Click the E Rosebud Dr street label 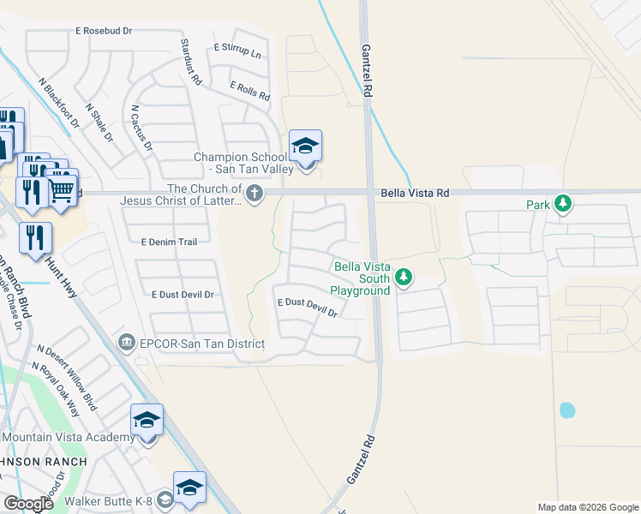coord(104,30)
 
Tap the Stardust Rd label coord(190,61)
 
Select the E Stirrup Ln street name coord(237,51)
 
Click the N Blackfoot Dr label coord(58,104)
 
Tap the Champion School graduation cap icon coord(305,146)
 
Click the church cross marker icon coord(254,195)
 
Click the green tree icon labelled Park coord(562,204)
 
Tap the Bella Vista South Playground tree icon coord(405,278)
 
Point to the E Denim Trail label coord(169,242)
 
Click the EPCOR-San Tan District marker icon coord(127,343)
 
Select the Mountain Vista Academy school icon coord(147,421)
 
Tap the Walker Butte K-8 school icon coord(189,488)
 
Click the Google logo coord(29,504)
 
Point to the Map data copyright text coord(587,507)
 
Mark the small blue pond coord(567,409)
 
